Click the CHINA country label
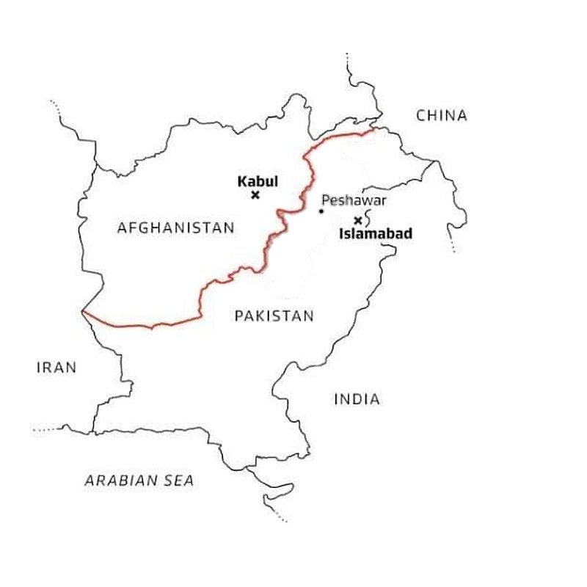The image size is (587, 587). point(441,115)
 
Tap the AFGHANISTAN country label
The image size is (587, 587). point(176,227)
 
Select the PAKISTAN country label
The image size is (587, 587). point(274,316)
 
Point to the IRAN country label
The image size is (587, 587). point(56,368)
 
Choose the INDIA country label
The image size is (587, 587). point(357,399)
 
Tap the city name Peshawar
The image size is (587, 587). point(354,200)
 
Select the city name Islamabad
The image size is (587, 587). point(375,235)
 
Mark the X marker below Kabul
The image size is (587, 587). point(255,194)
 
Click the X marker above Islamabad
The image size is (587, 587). point(358,220)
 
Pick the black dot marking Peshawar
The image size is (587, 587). point(321,212)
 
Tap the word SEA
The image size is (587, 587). point(179,481)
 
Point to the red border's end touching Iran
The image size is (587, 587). point(82,312)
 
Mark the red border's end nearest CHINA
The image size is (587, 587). point(372,131)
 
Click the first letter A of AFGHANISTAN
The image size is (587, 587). point(122,227)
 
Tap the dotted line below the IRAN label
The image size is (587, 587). point(48,428)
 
